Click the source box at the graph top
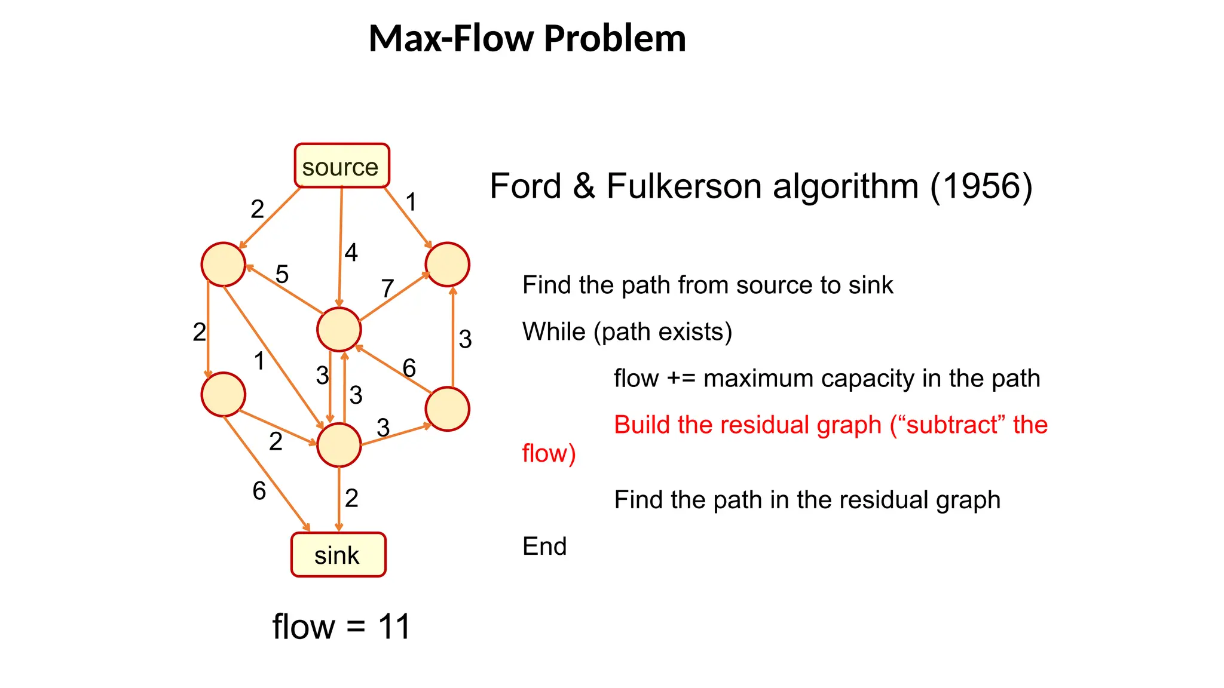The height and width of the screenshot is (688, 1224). tap(341, 166)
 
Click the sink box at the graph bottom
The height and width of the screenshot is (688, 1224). tap(338, 555)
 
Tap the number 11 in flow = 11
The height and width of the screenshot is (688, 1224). tap(394, 627)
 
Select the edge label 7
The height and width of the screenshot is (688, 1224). tap(387, 288)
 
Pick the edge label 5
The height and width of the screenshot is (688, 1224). tap(282, 274)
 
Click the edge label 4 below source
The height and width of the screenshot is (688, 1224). tap(351, 253)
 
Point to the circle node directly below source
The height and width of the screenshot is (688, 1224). tap(339, 329)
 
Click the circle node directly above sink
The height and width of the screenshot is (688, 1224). tap(339, 445)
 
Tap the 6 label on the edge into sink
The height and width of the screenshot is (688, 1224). tap(259, 491)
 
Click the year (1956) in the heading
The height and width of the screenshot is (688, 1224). tap(981, 186)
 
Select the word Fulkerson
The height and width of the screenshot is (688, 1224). tap(684, 186)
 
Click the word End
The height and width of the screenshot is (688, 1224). tap(544, 546)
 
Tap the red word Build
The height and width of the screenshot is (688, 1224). tap(642, 425)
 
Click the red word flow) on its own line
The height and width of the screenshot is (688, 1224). tap(549, 453)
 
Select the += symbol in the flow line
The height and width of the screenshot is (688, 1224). tap(681, 379)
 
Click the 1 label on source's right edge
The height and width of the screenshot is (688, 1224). tap(411, 202)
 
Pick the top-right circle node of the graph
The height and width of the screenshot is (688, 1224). tap(447, 265)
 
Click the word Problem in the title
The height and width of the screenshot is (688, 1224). tap(615, 38)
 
